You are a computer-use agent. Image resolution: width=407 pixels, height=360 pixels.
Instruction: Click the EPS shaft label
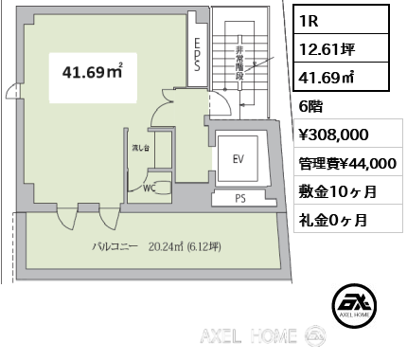[x=197, y=54]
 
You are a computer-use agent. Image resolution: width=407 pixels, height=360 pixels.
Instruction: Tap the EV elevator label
[x=239, y=159]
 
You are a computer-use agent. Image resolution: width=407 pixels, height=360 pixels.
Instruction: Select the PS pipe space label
[x=240, y=199]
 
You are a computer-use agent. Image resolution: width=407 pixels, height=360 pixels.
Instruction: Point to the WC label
[x=149, y=189]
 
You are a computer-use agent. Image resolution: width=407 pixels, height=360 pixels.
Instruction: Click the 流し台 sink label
[x=140, y=148]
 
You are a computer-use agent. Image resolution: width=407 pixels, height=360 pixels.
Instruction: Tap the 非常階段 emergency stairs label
[x=239, y=63]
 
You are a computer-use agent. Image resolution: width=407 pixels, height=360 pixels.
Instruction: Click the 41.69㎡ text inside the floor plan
[x=93, y=72]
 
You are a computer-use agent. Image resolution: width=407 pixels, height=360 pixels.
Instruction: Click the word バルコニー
[x=115, y=246]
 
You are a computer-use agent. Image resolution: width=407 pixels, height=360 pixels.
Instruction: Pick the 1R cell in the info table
[x=341, y=20]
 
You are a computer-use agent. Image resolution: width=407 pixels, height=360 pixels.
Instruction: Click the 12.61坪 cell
[x=341, y=48]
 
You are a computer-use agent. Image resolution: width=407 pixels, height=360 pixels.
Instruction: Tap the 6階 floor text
[x=310, y=106]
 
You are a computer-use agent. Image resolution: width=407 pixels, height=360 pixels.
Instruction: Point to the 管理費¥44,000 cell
[x=347, y=163]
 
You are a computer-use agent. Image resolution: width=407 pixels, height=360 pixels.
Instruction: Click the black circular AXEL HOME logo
[x=354, y=305]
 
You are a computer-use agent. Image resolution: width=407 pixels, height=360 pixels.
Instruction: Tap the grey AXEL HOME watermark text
[x=248, y=335]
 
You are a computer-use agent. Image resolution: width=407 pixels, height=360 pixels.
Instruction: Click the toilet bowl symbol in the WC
[x=164, y=188]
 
